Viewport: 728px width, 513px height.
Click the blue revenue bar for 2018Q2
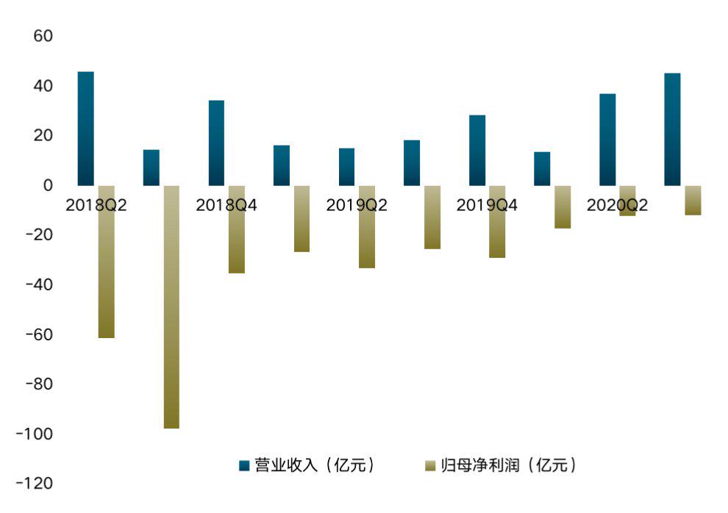[85, 128]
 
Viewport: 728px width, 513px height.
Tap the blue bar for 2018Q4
[216, 143]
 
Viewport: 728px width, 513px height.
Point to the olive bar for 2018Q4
[236, 235]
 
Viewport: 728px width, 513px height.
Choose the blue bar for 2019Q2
[346, 167]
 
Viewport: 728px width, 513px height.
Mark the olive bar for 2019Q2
[367, 232]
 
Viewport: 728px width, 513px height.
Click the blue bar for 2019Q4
[477, 150]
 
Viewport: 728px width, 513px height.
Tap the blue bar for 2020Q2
[607, 140]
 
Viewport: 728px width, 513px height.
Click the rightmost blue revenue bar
[672, 129]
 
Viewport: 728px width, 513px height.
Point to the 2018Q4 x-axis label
[226, 206]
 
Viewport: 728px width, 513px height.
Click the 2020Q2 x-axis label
[617, 206]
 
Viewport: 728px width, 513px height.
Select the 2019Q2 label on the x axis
[357, 206]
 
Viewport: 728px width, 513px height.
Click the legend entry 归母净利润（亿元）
[501, 464]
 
